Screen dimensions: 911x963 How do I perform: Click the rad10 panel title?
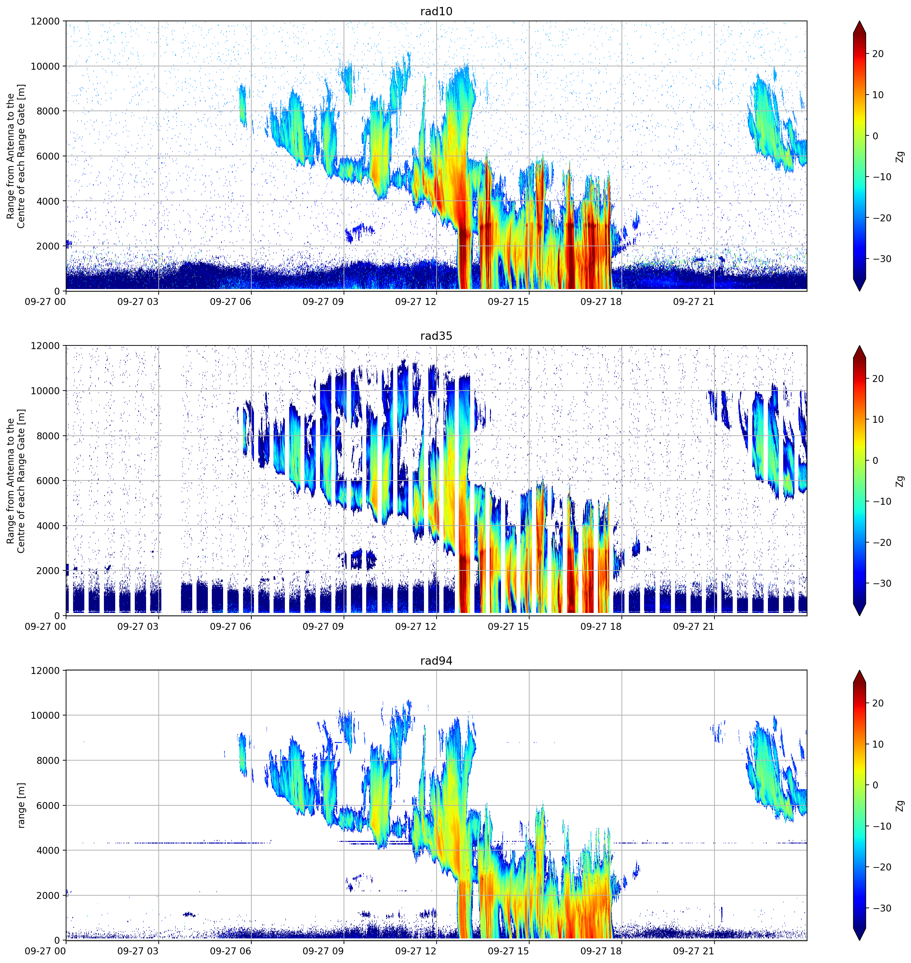click(x=436, y=12)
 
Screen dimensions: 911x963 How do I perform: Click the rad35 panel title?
click(x=436, y=336)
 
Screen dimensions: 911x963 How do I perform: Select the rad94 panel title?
click(x=436, y=661)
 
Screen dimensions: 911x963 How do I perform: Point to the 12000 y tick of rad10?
click(x=45, y=21)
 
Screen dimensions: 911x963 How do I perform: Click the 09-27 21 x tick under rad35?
click(x=694, y=627)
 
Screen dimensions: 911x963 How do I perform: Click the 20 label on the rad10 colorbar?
click(x=878, y=54)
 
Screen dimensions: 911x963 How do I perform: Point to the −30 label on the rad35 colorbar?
click(x=882, y=583)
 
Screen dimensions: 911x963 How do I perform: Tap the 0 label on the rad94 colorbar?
click(x=875, y=785)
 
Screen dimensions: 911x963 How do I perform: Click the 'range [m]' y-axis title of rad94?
click(x=21, y=805)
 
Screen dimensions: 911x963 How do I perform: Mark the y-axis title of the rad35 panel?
click(x=16, y=481)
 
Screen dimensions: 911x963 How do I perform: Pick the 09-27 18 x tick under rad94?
click(x=601, y=951)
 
